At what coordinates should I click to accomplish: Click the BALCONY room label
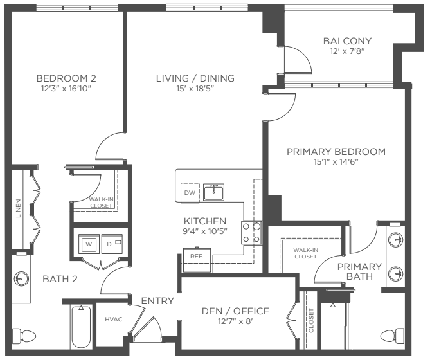pos(347,41)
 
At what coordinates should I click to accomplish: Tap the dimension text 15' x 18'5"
pos(195,89)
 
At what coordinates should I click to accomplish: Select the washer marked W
pos(89,244)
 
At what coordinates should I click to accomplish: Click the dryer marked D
pos(112,244)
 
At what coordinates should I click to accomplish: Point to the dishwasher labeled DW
pos(190,192)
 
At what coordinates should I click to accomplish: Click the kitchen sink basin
pos(213,192)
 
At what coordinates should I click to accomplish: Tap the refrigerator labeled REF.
pos(197,260)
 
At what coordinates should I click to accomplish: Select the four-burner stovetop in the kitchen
pos(252,233)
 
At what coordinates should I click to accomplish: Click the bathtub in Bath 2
pos(81,327)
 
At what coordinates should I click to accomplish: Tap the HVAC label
pos(114,319)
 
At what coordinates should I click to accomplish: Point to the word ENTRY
pos(157,301)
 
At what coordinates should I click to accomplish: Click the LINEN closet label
pos(19,208)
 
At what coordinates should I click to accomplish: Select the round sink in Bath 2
pos(21,279)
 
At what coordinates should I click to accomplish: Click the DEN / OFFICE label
pos(235,311)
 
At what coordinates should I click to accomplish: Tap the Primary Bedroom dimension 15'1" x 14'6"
pos(336,162)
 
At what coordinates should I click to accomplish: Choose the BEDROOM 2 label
pos(66,78)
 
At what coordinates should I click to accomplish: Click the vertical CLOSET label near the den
pos(311,320)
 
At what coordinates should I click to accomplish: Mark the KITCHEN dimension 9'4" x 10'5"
pos(205,231)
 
